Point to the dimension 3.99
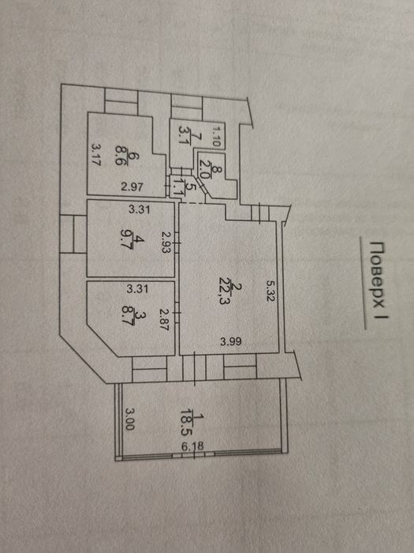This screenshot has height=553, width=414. click(231, 341)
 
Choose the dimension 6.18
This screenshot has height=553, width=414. click(192, 446)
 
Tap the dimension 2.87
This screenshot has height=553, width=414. click(164, 319)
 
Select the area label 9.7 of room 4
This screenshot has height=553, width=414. click(125, 239)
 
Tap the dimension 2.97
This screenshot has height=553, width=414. click(132, 186)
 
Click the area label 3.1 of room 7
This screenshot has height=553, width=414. click(185, 136)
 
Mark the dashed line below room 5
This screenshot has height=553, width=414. click(192, 203)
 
